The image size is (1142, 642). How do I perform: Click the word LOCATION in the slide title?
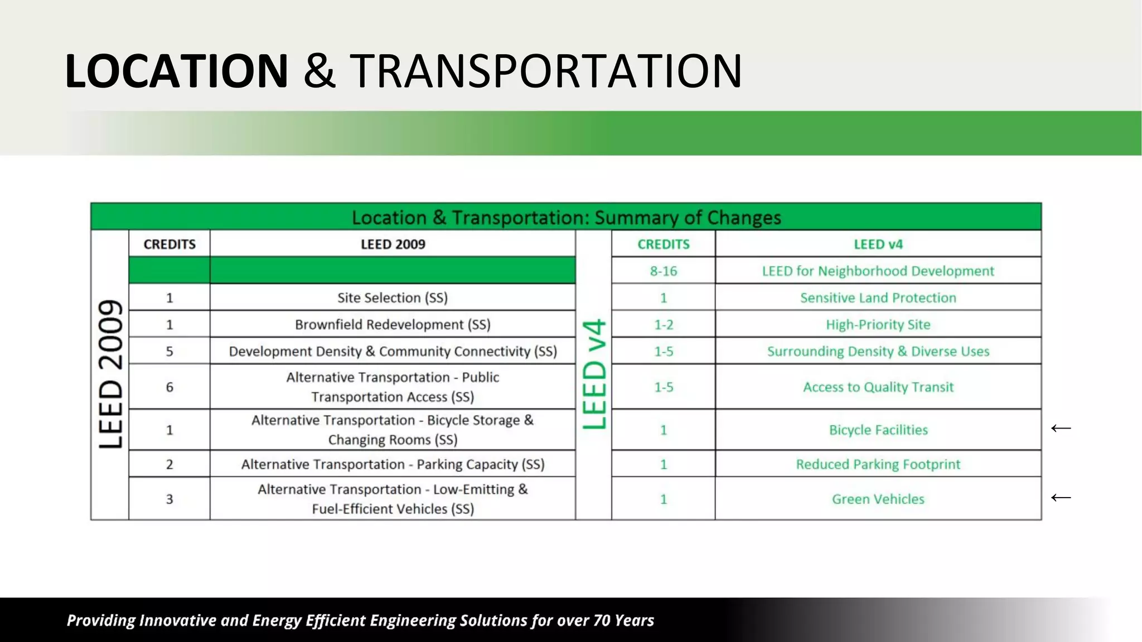coord(176,71)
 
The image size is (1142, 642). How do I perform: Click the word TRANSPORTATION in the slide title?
coord(546,71)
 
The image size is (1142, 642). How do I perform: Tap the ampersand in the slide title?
coord(319,71)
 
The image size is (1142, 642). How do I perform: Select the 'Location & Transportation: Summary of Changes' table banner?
coord(566,217)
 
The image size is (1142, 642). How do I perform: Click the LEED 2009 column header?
coord(393,244)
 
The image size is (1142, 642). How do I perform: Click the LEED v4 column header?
coord(878,244)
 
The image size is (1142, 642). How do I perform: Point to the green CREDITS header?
coord(663,244)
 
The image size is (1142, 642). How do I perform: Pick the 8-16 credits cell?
coord(663,271)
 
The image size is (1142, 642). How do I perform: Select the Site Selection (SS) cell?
coord(393,298)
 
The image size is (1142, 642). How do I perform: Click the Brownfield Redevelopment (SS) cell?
coord(393,324)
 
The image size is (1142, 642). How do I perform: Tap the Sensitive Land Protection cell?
coord(878,298)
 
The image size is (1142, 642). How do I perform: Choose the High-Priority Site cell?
coord(878,324)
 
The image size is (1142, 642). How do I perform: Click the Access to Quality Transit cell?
coord(878,387)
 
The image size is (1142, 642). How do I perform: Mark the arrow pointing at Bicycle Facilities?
coord(1061,428)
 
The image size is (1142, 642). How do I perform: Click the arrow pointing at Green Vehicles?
coord(1061,497)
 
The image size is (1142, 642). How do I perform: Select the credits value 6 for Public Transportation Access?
coord(170,387)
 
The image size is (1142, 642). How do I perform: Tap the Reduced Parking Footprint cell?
coord(878,464)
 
